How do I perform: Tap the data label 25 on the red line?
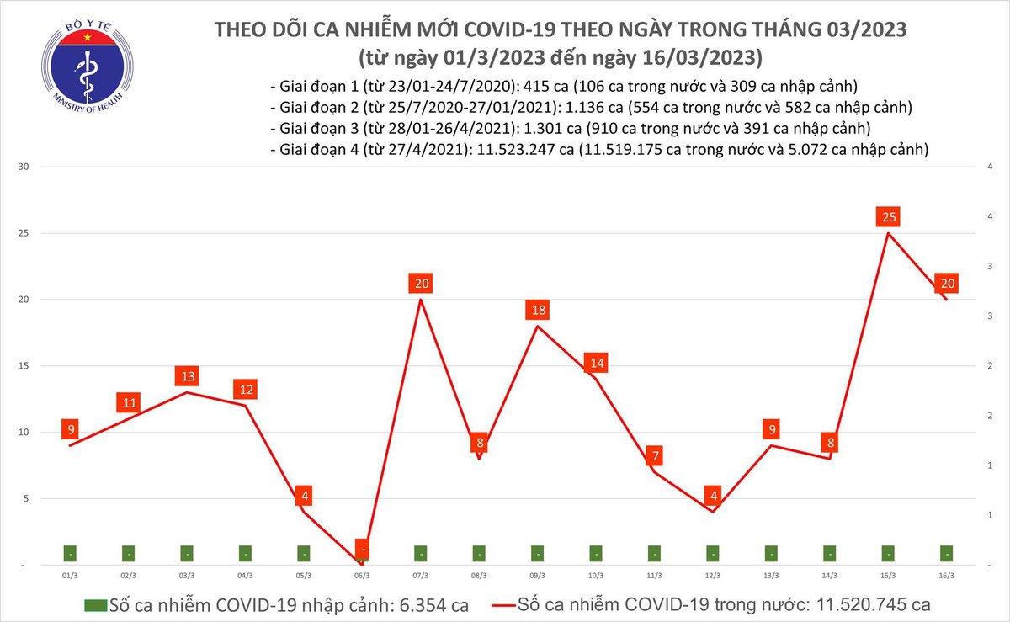coord(888,218)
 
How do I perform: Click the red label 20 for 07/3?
coord(420,284)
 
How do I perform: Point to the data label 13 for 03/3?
coord(187,376)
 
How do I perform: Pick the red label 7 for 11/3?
coord(654,457)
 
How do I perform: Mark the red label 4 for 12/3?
coord(713,494)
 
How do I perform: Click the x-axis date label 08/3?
coord(478,576)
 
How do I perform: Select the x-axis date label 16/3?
coord(946,576)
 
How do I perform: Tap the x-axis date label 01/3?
coord(71,576)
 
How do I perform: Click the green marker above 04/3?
coord(245,554)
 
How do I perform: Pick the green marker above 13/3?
coord(771,554)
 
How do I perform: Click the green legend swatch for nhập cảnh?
coord(95,605)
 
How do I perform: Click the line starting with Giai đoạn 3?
coord(571,129)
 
